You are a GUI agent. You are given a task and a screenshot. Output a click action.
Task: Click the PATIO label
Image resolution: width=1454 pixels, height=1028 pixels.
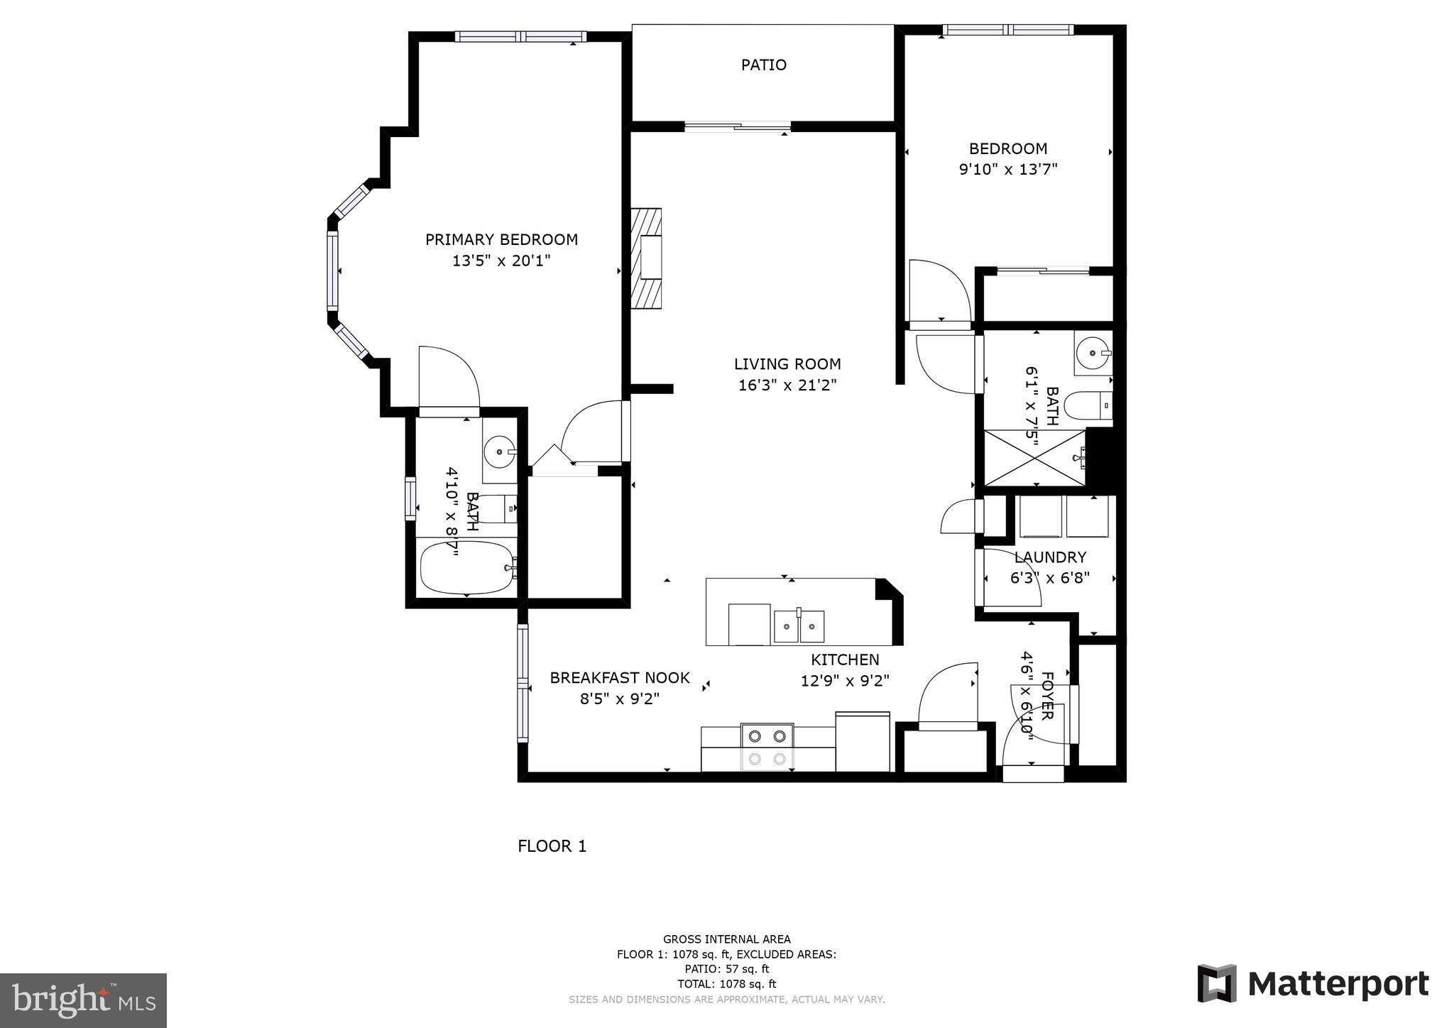coord(763,65)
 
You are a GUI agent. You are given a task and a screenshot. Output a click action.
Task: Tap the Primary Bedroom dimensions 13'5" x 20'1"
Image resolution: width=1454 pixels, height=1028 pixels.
coord(501,261)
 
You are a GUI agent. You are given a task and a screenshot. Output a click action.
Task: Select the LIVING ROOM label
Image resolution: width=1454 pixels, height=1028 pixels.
coord(787,364)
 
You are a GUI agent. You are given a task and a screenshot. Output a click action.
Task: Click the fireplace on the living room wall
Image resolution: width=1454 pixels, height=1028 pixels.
coord(647,258)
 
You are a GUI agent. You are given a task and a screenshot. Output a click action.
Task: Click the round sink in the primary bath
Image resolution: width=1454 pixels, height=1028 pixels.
coord(500,452)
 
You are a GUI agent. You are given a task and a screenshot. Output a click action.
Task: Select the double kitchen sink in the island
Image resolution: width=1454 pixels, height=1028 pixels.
coord(799,625)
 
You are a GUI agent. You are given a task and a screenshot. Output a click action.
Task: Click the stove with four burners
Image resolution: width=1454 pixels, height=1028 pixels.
coord(767,747)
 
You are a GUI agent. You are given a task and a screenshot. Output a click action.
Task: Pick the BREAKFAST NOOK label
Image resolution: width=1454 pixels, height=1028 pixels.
coord(619,678)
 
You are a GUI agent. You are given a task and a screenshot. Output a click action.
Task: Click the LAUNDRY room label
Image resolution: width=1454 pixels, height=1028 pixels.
coord(1050,557)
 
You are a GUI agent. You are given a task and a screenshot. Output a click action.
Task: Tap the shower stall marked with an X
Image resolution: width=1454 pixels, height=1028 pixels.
coord(1034,458)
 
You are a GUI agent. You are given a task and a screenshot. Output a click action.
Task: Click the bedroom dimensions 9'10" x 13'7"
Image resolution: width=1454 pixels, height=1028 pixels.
coord(1008,170)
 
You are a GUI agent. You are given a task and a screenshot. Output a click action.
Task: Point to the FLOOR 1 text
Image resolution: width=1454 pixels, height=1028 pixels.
coord(552,846)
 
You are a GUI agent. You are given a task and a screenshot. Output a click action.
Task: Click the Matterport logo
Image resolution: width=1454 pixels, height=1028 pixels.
coord(1313,984)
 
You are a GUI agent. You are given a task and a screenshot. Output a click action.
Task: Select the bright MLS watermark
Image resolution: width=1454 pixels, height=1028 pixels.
coord(83,1000)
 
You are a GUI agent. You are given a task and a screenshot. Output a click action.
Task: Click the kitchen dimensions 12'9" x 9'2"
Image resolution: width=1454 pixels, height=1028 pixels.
coord(845,682)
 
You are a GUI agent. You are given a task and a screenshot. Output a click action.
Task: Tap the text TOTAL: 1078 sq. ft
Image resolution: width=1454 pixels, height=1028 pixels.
coord(726,984)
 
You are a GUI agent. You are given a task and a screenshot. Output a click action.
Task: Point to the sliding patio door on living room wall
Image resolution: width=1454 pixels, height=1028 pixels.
coord(738,127)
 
